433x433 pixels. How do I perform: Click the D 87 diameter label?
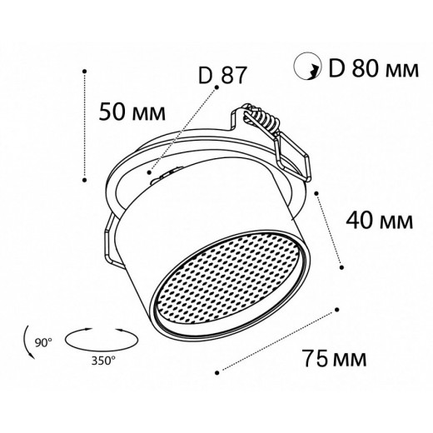(x=222, y=75)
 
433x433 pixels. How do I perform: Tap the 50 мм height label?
(x=132, y=112)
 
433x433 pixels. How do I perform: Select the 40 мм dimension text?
(x=380, y=220)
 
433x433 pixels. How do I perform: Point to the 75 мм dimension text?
(x=335, y=358)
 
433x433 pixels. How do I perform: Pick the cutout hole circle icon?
(x=307, y=66)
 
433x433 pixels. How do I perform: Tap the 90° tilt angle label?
(x=43, y=342)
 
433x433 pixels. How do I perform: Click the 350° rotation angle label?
(x=103, y=361)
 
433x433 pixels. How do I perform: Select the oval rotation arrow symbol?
(x=102, y=340)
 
